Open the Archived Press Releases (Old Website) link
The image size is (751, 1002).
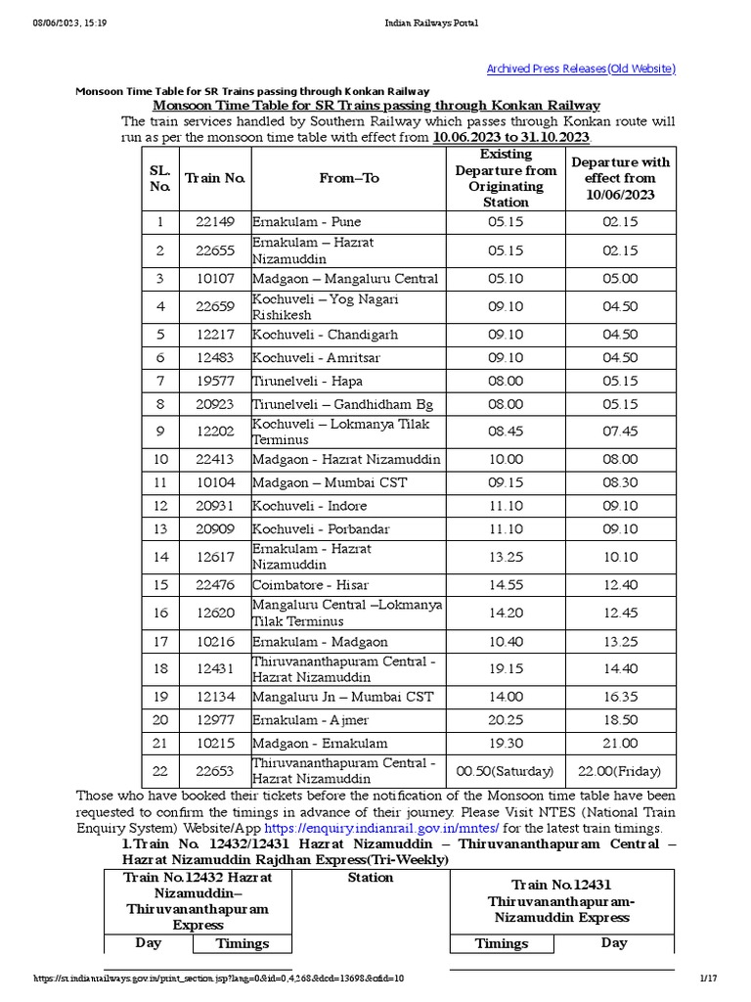[581, 68]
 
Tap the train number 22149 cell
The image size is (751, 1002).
[215, 222]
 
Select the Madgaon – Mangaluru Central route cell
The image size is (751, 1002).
[345, 279]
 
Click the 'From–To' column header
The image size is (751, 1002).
[348, 178]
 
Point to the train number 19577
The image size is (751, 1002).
[215, 382]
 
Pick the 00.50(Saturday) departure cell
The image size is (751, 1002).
[505, 771]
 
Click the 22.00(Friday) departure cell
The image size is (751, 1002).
[619, 771]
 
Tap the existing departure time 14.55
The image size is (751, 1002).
[505, 586]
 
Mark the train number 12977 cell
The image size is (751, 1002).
[215, 720]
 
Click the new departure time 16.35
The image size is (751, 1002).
[619, 698]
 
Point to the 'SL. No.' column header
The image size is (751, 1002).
[159, 178]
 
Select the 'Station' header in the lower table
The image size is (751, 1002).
[371, 878]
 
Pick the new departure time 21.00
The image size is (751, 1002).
[619, 744]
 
